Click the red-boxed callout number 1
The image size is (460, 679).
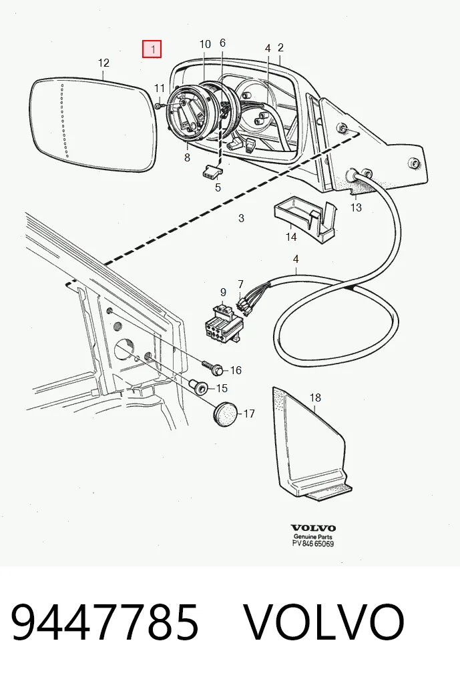pos(152,49)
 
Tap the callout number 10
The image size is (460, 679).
pos(205,44)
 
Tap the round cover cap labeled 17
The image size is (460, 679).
pos(226,414)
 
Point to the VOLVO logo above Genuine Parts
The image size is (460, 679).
pos(313,528)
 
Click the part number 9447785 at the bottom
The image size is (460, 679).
pos(104,622)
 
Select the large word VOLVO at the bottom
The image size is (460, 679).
pos(324,622)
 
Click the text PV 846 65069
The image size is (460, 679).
pos(313,544)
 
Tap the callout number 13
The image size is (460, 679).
pos(356,207)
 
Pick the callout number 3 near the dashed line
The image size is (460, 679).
pos(241,218)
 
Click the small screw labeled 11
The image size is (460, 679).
pos(158,105)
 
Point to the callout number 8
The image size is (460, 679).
pos(187,157)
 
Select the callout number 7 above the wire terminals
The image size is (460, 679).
pos(240,284)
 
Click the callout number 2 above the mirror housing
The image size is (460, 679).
pos(280,47)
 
